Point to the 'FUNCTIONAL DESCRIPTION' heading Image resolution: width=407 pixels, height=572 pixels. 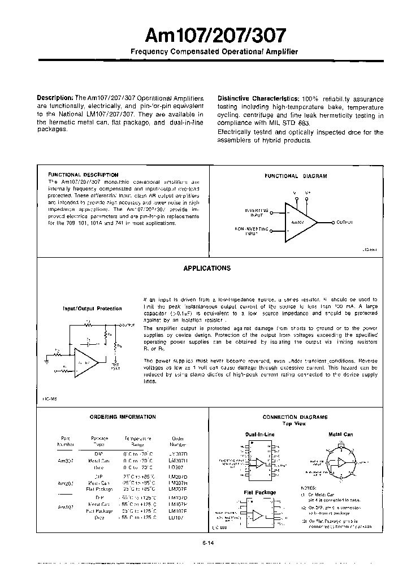(x=83, y=175)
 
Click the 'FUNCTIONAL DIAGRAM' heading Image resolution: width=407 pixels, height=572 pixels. (x=296, y=176)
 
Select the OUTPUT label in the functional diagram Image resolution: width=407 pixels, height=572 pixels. (x=344, y=223)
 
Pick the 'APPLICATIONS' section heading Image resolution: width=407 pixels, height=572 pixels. (x=207, y=268)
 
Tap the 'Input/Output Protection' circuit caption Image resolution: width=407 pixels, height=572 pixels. (x=92, y=309)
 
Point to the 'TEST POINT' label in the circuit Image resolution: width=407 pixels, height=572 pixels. (x=115, y=365)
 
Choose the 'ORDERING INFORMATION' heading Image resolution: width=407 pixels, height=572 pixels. (x=123, y=417)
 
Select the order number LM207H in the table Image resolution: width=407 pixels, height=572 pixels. (x=177, y=483)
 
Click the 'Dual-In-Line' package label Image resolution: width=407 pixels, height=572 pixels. (x=260, y=434)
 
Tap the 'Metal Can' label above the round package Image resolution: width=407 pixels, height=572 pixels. (x=340, y=434)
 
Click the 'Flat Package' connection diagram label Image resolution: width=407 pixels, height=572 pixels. (x=260, y=492)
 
